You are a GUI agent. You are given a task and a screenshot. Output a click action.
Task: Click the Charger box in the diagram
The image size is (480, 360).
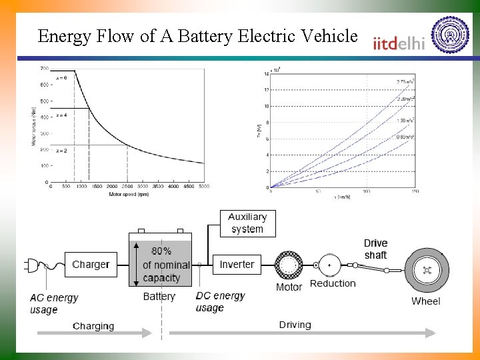pyautogui.click(x=91, y=265)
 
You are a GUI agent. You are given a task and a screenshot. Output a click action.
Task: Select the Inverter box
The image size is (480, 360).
pyautogui.click(x=237, y=265)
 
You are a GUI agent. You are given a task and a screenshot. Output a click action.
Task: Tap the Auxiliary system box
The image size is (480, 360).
pyautogui.click(x=247, y=223)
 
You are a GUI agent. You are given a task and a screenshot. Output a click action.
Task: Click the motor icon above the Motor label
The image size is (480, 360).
pyautogui.click(x=289, y=266)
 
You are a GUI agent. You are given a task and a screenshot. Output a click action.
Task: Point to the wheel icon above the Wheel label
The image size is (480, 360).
pyautogui.click(x=425, y=270)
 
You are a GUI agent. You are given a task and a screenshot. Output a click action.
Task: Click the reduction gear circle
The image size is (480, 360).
pyautogui.click(x=329, y=265)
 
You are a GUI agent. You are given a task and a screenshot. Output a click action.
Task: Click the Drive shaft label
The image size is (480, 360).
pyautogui.click(x=375, y=249)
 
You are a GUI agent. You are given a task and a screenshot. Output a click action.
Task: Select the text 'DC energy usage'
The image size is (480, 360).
pyautogui.click(x=220, y=301)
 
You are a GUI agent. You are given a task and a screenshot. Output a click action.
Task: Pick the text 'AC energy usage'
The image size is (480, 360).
pyautogui.click(x=54, y=303)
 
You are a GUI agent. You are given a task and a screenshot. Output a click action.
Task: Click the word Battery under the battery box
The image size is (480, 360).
pyautogui.click(x=159, y=297)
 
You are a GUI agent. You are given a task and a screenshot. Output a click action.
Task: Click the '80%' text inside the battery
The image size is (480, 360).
pyautogui.click(x=161, y=251)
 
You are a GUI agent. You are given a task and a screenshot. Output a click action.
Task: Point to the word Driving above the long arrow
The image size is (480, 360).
pyautogui.click(x=295, y=325)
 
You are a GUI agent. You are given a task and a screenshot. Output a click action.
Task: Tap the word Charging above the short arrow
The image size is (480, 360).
pyautogui.click(x=93, y=326)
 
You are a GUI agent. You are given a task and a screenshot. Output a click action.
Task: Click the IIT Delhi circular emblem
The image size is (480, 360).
pyautogui.click(x=451, y=34)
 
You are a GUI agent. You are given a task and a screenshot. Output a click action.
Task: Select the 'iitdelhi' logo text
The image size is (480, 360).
pyautogui.click(x=399, y=43)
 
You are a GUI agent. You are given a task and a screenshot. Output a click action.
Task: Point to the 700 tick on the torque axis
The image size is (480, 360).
pyautogui.click(x=44, y=69)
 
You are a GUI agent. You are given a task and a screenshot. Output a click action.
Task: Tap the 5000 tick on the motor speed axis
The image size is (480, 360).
pyautogui.click(x=203, y=187)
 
